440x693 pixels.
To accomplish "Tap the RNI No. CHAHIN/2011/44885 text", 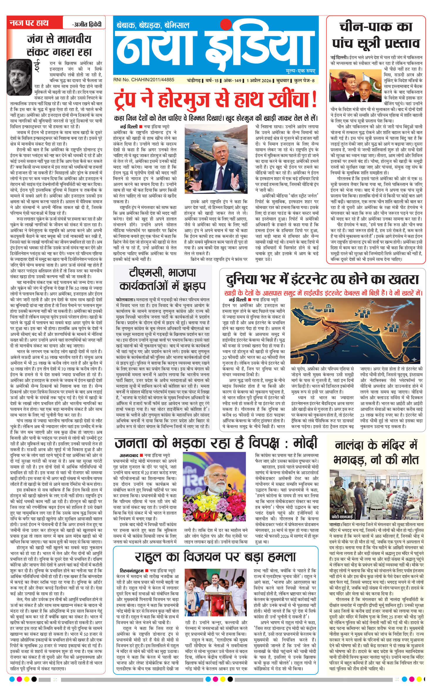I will (x=143, y=80).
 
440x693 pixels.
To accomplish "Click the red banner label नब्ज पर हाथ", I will (x=29, y=23).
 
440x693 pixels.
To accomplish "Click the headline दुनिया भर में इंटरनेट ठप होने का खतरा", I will (x=322, y=279).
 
